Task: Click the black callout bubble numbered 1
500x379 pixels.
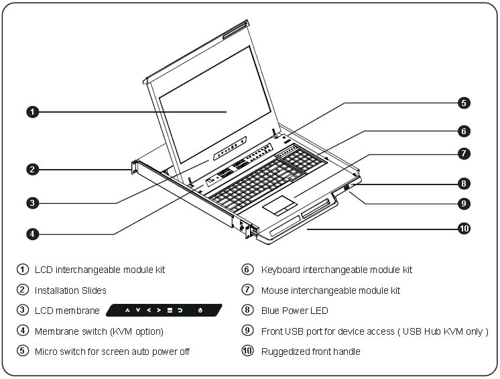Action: pos(32,112)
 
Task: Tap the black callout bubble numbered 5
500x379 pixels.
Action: pos(464,103)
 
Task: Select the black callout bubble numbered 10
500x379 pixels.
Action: pos(464,229)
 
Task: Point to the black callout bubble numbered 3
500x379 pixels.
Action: pos(32,203)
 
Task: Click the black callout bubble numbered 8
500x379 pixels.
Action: pos(464,183)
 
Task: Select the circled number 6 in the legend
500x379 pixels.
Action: pos(247,269)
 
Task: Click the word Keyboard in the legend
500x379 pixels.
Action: pos(281,270)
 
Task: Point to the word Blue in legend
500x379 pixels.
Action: pos(269,311)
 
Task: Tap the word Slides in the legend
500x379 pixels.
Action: pos(94,290)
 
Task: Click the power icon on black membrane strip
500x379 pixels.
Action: pos(200,310)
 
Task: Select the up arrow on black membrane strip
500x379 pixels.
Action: pos(127,310)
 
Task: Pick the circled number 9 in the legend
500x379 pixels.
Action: pos(247,331)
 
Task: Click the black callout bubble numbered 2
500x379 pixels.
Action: pos(32,170)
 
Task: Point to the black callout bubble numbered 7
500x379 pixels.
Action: pos(464,154)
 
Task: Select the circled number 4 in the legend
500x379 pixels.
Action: pos(23,331)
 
